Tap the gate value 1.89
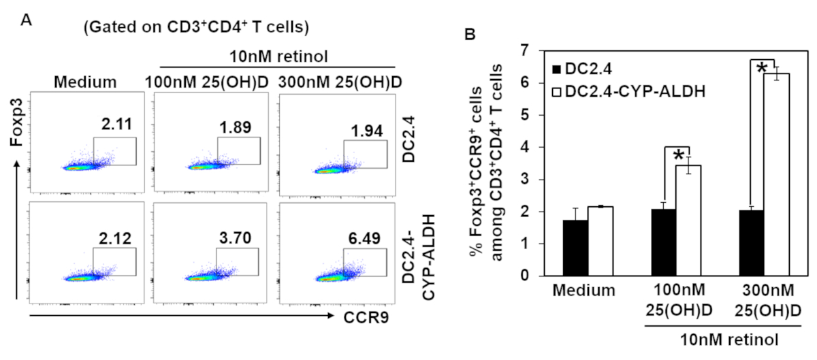[x=233, y=124]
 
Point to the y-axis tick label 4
[x=524, y=148]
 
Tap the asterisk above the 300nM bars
[x=761, y=68]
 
